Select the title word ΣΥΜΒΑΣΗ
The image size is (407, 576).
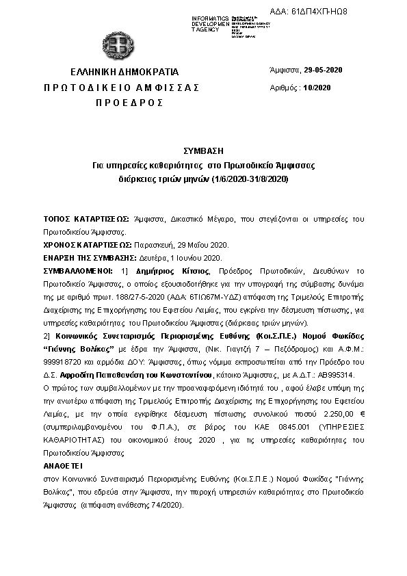(203, 151)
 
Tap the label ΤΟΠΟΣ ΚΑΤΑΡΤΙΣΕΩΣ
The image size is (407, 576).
(86, 220)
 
